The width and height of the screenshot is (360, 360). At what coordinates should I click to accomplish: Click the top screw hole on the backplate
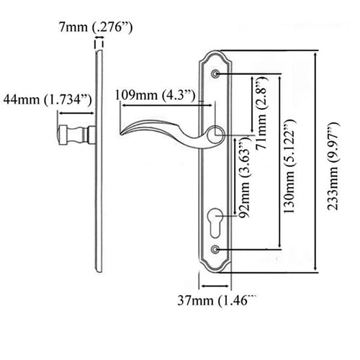(x=216, y=73)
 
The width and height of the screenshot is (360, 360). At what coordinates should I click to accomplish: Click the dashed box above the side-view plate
(x=97, y=45)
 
